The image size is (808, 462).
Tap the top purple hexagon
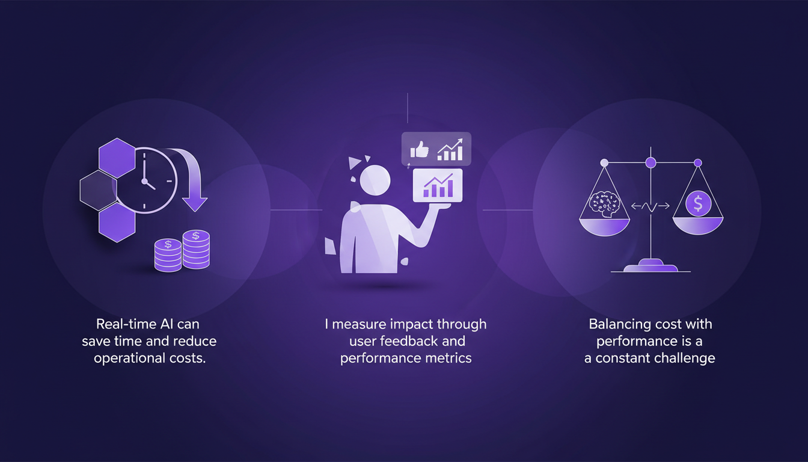click(x=117, y=158)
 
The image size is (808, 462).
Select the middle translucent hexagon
click(x=99, y=190)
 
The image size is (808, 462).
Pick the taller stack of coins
click(x=196, y=249)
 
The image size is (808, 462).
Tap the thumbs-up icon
click(x=418, y=150)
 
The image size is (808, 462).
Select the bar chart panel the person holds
click(x=438, y=185)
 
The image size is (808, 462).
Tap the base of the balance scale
click(x=650, y=266)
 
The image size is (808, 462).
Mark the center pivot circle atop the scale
click(x=650, y=162)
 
